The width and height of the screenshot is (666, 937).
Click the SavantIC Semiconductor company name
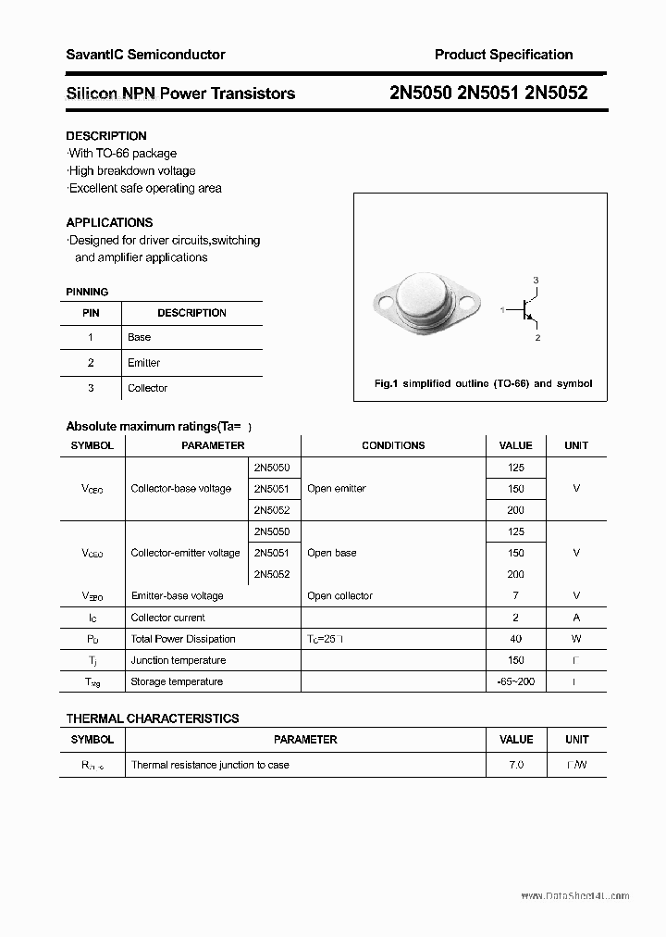145,55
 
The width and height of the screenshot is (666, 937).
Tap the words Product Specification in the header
503,55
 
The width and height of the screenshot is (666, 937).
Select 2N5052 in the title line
555,93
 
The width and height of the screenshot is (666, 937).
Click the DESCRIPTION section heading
106,135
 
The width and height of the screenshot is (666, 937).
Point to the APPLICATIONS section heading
109,222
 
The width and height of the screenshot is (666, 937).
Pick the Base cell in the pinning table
139,337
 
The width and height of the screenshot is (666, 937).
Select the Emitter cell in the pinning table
143,363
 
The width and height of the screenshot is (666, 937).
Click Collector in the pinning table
147,388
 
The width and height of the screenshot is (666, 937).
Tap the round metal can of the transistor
426,298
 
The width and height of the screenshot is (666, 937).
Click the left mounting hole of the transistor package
383,300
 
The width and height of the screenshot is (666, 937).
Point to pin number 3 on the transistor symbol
536,281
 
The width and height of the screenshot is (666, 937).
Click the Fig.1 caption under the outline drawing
483,383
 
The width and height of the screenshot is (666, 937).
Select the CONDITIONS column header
393,445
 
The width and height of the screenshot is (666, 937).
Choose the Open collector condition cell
339,596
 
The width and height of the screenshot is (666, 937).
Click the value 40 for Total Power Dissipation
515,639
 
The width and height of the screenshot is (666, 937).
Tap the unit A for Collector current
576,618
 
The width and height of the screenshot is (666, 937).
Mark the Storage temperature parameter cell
177,681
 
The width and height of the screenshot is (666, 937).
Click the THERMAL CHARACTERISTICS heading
153,718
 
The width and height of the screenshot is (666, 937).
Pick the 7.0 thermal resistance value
515,765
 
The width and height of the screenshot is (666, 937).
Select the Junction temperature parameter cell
179,660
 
